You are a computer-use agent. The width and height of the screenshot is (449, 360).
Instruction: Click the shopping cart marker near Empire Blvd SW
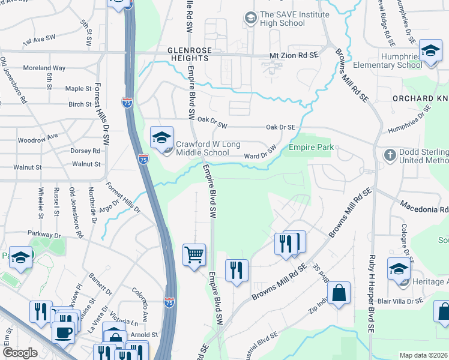click(194, 255)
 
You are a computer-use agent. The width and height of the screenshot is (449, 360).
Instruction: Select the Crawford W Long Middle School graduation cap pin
click(161, 138)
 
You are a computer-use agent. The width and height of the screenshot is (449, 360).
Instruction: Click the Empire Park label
click(310, 147)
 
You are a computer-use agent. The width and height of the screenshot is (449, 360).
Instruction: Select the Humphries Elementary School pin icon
click(430, 51)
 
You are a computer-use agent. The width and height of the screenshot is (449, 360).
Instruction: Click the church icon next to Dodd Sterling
click(389, 154)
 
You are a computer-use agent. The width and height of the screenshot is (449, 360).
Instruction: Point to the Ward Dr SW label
click(260, 153)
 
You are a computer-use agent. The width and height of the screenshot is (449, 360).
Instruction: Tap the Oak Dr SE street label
click(281, 127)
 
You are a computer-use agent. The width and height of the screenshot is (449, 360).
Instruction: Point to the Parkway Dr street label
click(43, 233)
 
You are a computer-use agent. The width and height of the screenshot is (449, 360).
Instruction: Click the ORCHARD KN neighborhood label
click(420, 98)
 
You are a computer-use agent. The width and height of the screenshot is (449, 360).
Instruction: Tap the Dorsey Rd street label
click(85, 151)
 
